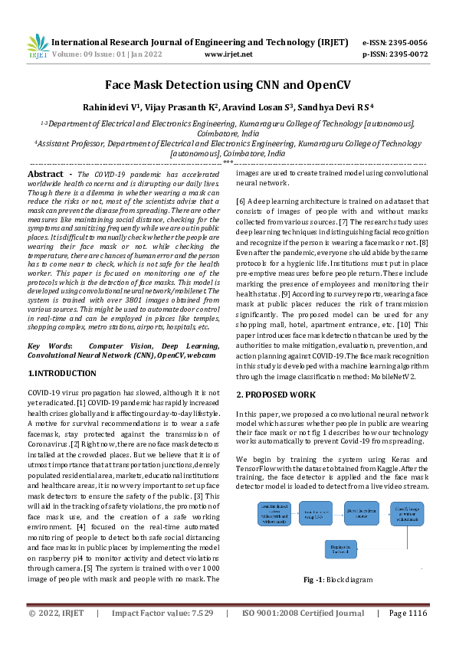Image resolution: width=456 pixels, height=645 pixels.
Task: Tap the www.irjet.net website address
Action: pos(228,54)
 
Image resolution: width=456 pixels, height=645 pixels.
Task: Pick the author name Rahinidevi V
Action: pos(124,108)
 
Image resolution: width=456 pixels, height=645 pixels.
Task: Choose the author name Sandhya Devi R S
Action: pos(320,108)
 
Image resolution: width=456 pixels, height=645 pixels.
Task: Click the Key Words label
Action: pos(48,346)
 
